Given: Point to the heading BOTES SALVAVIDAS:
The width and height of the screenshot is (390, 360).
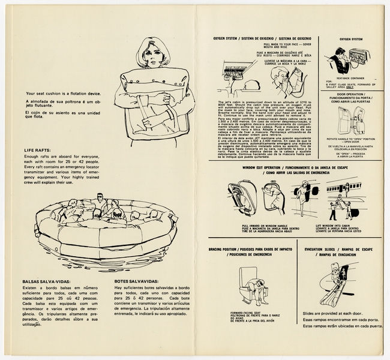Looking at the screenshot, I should tap(137, 281).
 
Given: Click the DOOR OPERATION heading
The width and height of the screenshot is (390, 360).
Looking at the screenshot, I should tap(351, 95).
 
